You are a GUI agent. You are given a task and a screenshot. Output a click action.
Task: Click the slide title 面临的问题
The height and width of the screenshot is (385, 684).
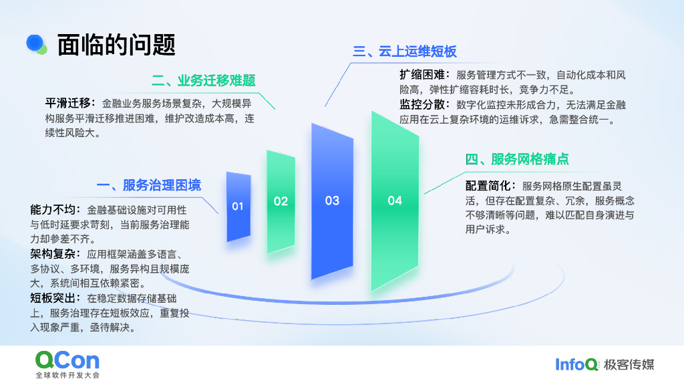tap(116, 45)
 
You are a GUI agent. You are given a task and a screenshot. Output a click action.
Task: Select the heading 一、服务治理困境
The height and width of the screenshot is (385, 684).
tap(148, 185)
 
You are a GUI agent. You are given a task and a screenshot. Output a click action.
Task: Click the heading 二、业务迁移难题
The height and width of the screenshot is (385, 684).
tap(204, 81)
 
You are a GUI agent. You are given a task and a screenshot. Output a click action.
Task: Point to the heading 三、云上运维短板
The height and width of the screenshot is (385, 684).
tap(405, 52)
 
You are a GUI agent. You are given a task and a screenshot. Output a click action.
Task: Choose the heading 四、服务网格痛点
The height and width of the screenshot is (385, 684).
tap(517, 159)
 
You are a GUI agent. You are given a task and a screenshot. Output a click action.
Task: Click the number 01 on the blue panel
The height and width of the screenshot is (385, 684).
tap(238, 207)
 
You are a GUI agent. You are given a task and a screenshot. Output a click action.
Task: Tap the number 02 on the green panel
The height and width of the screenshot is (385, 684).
tap(281, 201)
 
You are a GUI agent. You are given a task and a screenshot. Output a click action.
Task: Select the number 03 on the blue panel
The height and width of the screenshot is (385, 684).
tap(332, 201)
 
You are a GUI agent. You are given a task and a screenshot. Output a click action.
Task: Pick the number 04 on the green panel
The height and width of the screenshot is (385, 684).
tap(395, 201)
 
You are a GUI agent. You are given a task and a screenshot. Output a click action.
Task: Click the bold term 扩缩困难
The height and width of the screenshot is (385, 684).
tap(419, 75)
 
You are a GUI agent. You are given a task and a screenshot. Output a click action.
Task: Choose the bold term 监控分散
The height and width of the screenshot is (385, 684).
tap(419, 105)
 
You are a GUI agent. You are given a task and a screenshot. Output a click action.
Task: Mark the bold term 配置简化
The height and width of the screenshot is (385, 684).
tap(486, 185)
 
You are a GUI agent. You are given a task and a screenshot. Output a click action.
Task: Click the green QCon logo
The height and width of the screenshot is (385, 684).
tap(67, 360)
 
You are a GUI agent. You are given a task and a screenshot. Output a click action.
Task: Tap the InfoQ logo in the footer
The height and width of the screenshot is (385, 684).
tap(576, 364)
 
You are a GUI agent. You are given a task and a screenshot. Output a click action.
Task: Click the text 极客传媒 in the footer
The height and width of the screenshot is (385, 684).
tap(629, 364)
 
